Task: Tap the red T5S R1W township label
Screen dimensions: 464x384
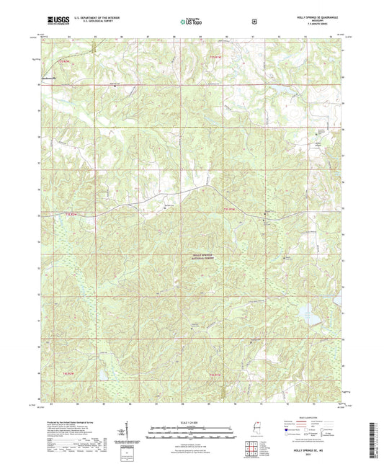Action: [213, 374]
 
